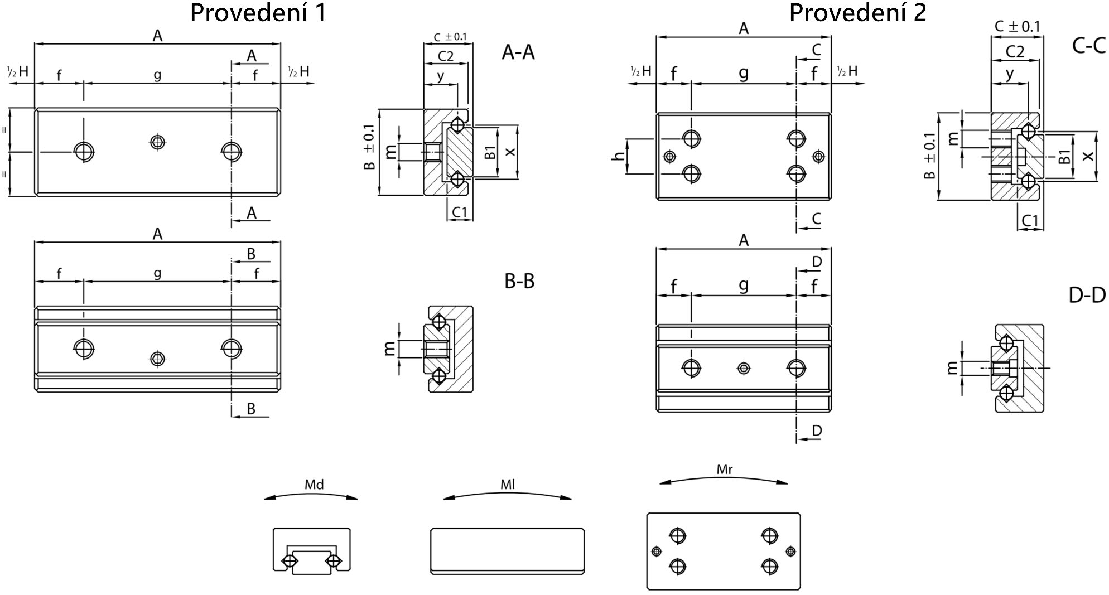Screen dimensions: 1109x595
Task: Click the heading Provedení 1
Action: (x=258, y=13)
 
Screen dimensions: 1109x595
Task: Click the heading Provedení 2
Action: (x=857, y=13)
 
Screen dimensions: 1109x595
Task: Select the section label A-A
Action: (x=518, y=52)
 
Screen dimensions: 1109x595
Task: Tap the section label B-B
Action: (x=519, y=282)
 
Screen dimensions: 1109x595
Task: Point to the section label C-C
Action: (x=1089, y=46)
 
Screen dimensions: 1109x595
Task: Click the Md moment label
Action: (x=314, y=485)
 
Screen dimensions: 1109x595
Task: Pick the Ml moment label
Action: (x=507, y=485)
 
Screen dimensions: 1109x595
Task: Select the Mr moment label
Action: (x=724, y=470)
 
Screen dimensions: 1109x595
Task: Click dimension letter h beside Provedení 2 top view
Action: (x=618, y=156)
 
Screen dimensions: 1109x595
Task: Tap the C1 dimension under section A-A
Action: (x=460, y=212)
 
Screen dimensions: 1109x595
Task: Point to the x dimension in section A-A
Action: (x=510, y=152)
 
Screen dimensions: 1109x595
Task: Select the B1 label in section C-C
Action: (x=1064, y=157)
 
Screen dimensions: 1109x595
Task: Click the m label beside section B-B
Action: (x=390, y=349)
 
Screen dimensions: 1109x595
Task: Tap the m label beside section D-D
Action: (x=953, y=367)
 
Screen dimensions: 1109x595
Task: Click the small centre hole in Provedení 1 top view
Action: (x=158, y=142)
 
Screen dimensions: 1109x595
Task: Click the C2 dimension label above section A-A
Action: (x=445, y=56)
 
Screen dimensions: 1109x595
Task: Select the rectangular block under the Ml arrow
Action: (x=508, y=552)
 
